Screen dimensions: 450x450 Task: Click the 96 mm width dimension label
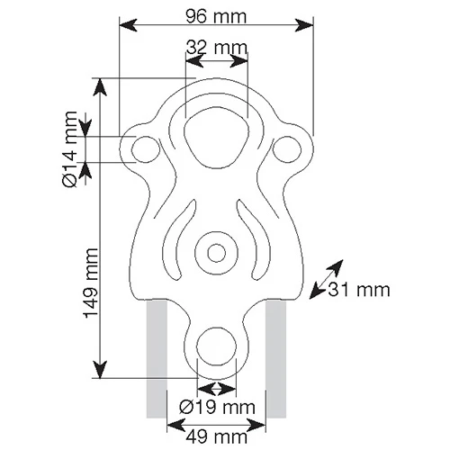click(x=216, y=16)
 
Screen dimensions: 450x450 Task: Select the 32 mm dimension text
click(x=216, y=46)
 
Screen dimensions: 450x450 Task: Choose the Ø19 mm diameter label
click(x=217, y=407)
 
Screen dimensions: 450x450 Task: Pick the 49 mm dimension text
click(x=217, y=436)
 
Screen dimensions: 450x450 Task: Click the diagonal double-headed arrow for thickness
click(x=325, y=277)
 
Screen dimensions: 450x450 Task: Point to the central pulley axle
click(x=216, y=251)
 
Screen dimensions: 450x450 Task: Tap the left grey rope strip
click(x=157, y=360)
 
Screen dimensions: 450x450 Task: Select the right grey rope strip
click(x=276, y=360)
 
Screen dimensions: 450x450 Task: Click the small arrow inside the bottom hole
click(x=217, y=388)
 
